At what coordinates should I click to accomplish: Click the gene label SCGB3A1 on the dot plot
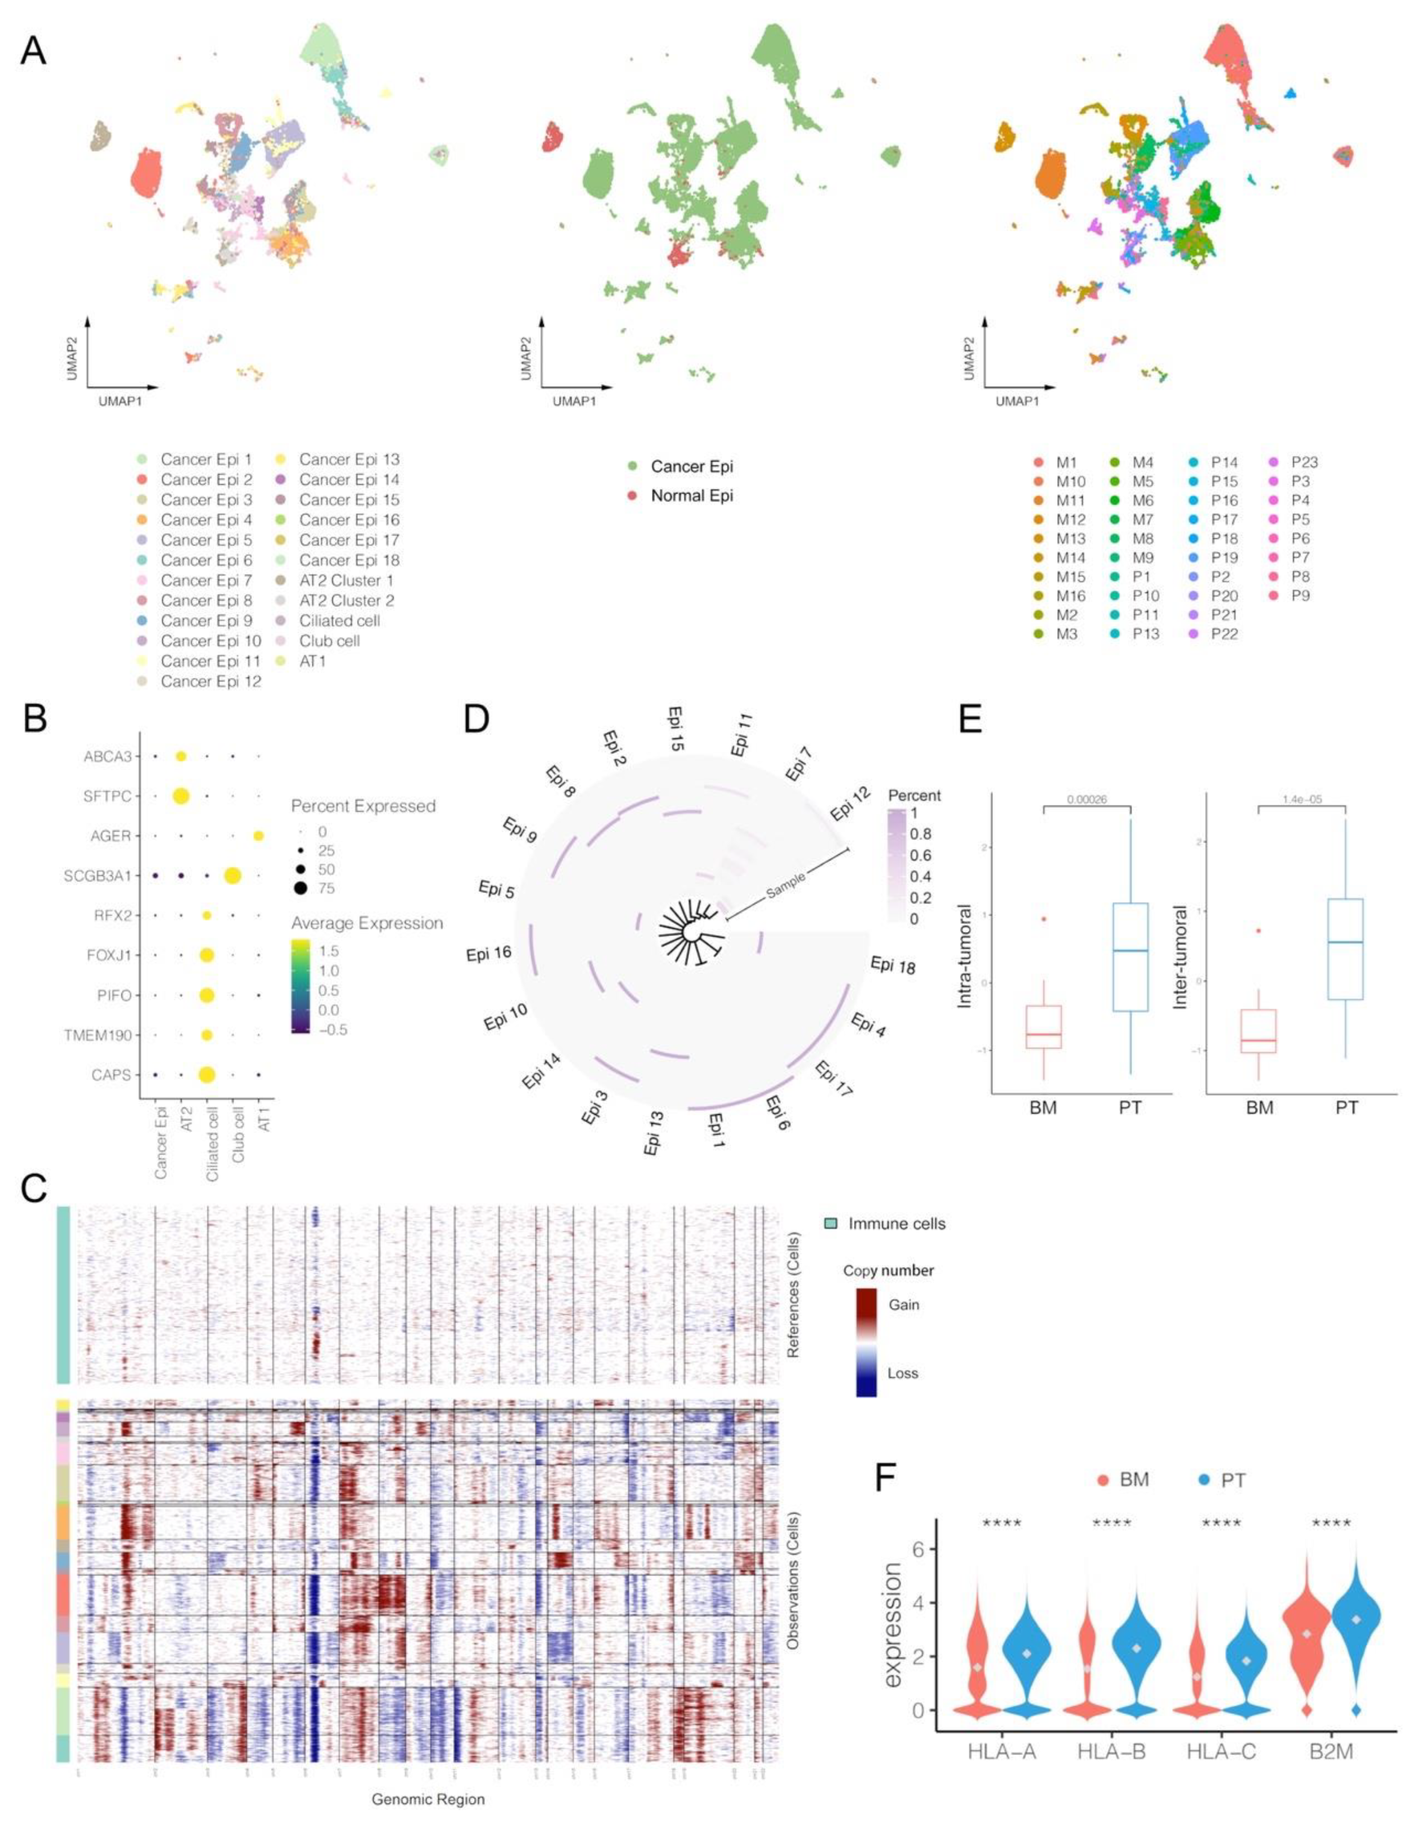click(98, 876)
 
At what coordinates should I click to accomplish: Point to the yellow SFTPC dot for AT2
click(180, 796)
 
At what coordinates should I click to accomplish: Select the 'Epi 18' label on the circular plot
click(893, 966)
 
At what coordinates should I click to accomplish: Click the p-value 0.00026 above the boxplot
click(1087, 799)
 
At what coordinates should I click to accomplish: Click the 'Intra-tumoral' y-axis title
click(965, 956)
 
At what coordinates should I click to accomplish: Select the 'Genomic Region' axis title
click(428, 1799)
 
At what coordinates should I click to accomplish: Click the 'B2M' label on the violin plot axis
click(1331, 1751)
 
